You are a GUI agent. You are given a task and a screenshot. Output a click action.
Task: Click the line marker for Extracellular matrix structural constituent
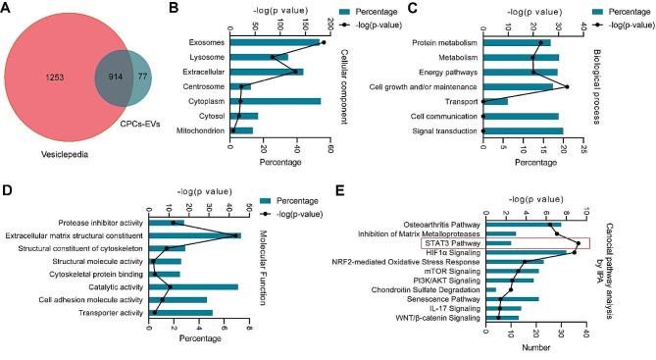(x=236, y=235)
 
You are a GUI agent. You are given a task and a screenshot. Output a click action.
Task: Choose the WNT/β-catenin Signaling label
(x=432, y=318)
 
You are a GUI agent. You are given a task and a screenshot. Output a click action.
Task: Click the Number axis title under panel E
(x=533, y=348)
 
